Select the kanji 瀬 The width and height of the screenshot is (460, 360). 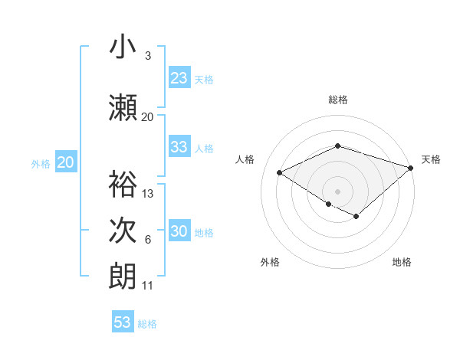123,106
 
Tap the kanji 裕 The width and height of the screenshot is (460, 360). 123,184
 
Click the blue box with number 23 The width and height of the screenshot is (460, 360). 179,78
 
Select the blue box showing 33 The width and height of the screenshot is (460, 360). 179,148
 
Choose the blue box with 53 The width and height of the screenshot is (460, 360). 123,322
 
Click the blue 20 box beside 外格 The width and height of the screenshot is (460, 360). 65,162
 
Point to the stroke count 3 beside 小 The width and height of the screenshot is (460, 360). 147,57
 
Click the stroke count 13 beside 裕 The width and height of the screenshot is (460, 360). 148,194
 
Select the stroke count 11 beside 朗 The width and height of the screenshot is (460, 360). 148,286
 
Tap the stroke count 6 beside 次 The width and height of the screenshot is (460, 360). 147,240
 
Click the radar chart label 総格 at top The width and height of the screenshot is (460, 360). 338,100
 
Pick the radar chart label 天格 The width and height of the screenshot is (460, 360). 431,159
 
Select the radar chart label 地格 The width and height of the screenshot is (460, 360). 402,262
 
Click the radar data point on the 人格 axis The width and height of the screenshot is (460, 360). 280,173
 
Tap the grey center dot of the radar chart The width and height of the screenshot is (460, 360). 337,191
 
